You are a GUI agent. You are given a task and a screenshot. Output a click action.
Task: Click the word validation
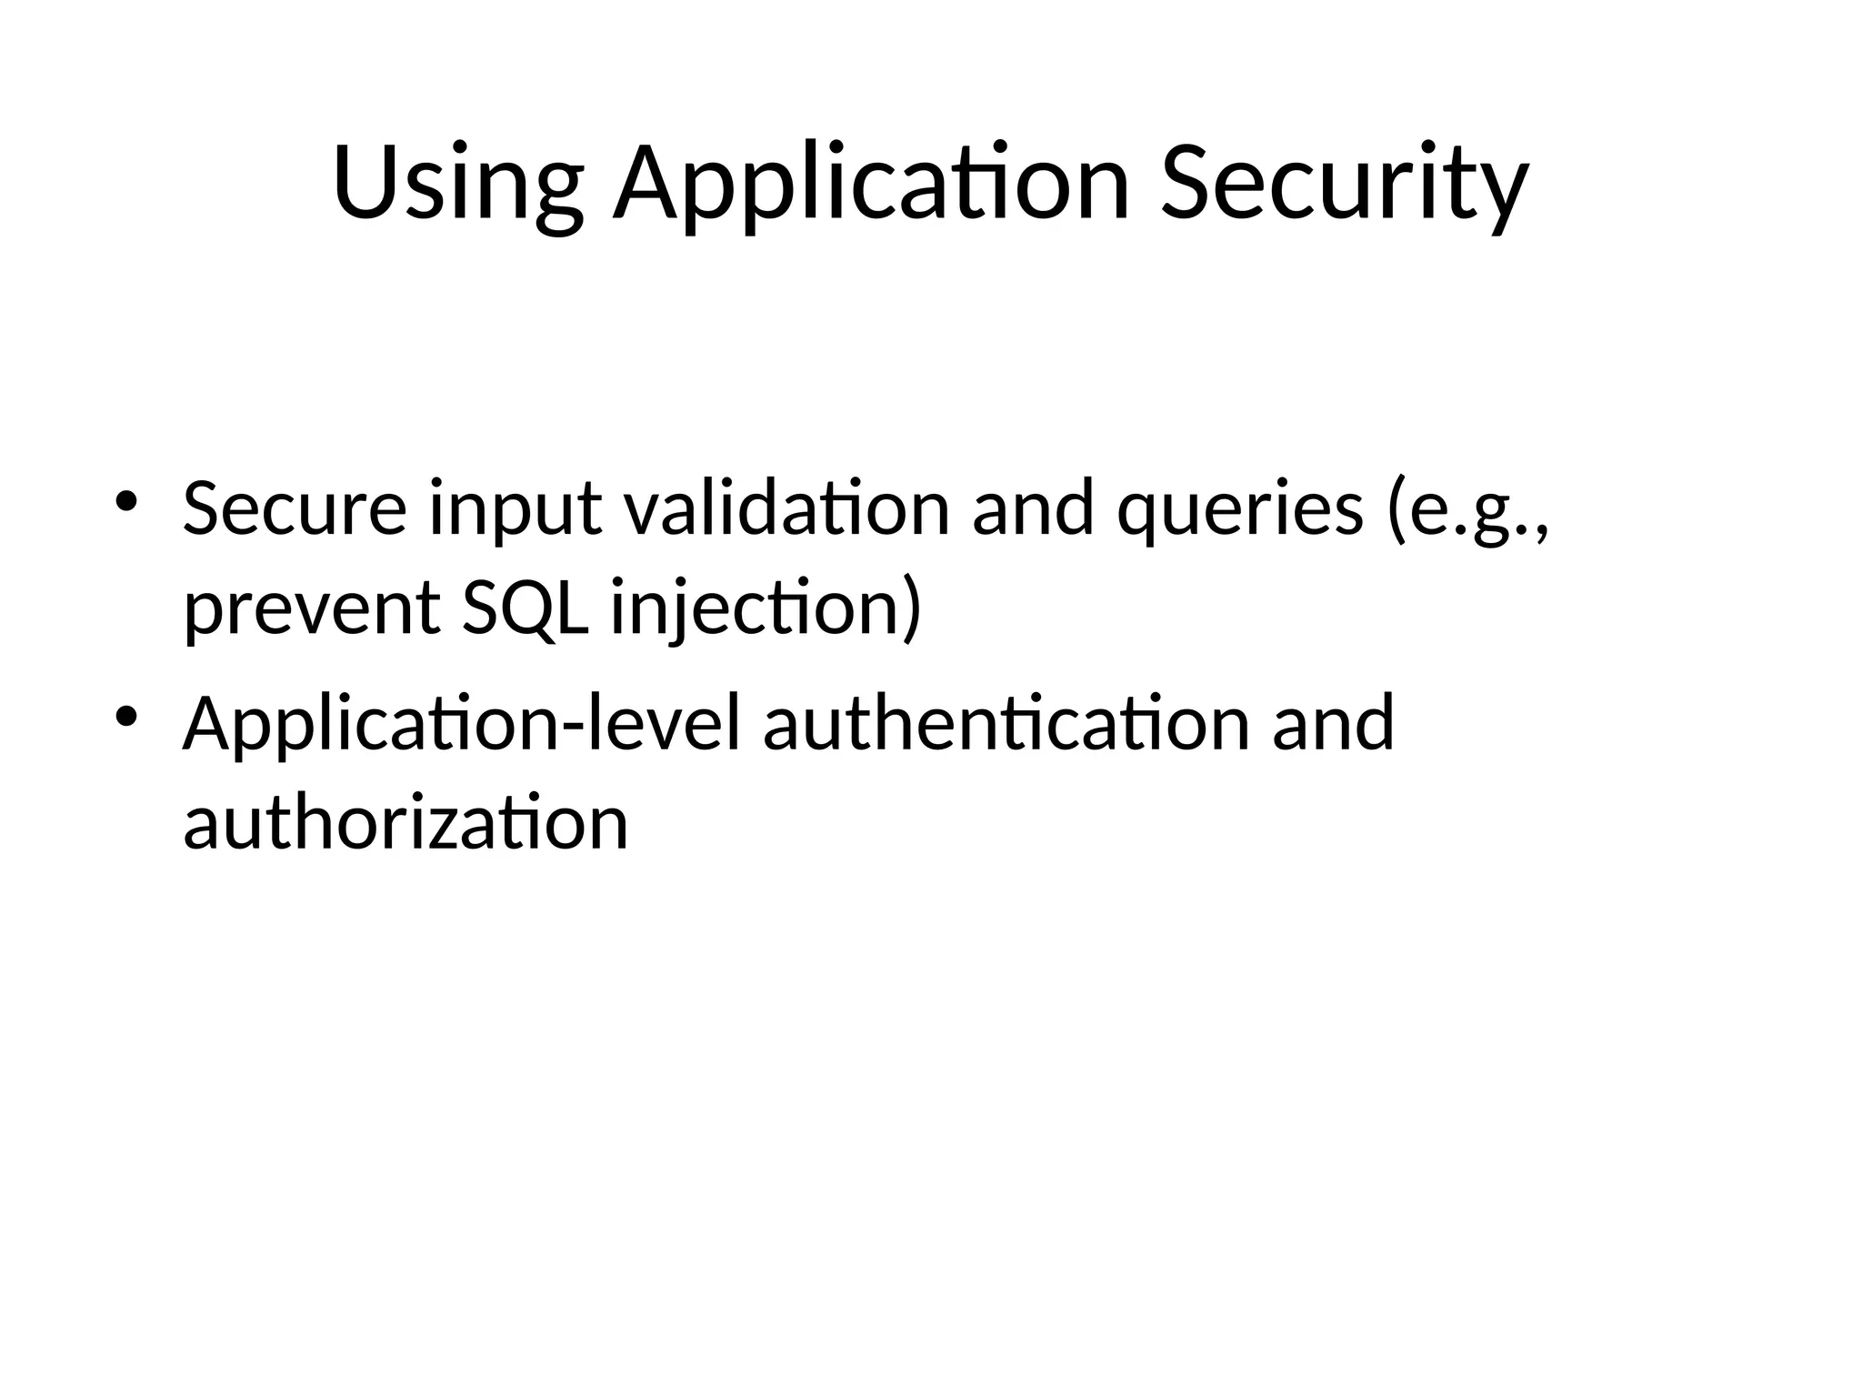pos(787,508)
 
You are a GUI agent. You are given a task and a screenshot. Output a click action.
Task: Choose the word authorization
pos(405,822)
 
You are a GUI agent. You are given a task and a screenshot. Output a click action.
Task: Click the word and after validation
pos(1033,508)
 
